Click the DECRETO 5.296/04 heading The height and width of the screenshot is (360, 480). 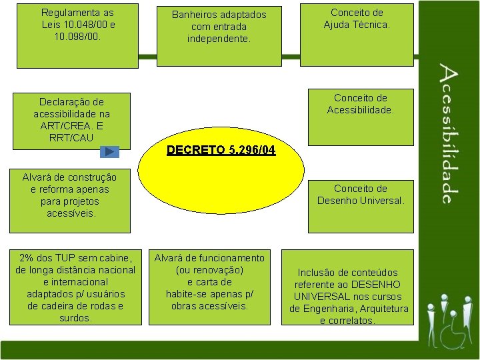(x=221, y=151)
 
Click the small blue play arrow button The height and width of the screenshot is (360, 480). (x=109, y=151)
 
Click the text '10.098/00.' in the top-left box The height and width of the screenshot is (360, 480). (x=77, y=37)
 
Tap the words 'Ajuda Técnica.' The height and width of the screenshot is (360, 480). (x=357, y=25)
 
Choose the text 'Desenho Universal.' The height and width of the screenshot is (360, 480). (x=361, y=201)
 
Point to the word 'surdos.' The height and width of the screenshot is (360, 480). (x=75, y=318)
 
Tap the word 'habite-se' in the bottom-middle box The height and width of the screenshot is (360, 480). (x=187, y=294)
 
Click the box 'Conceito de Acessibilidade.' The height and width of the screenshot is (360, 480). (x=361, y=117)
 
